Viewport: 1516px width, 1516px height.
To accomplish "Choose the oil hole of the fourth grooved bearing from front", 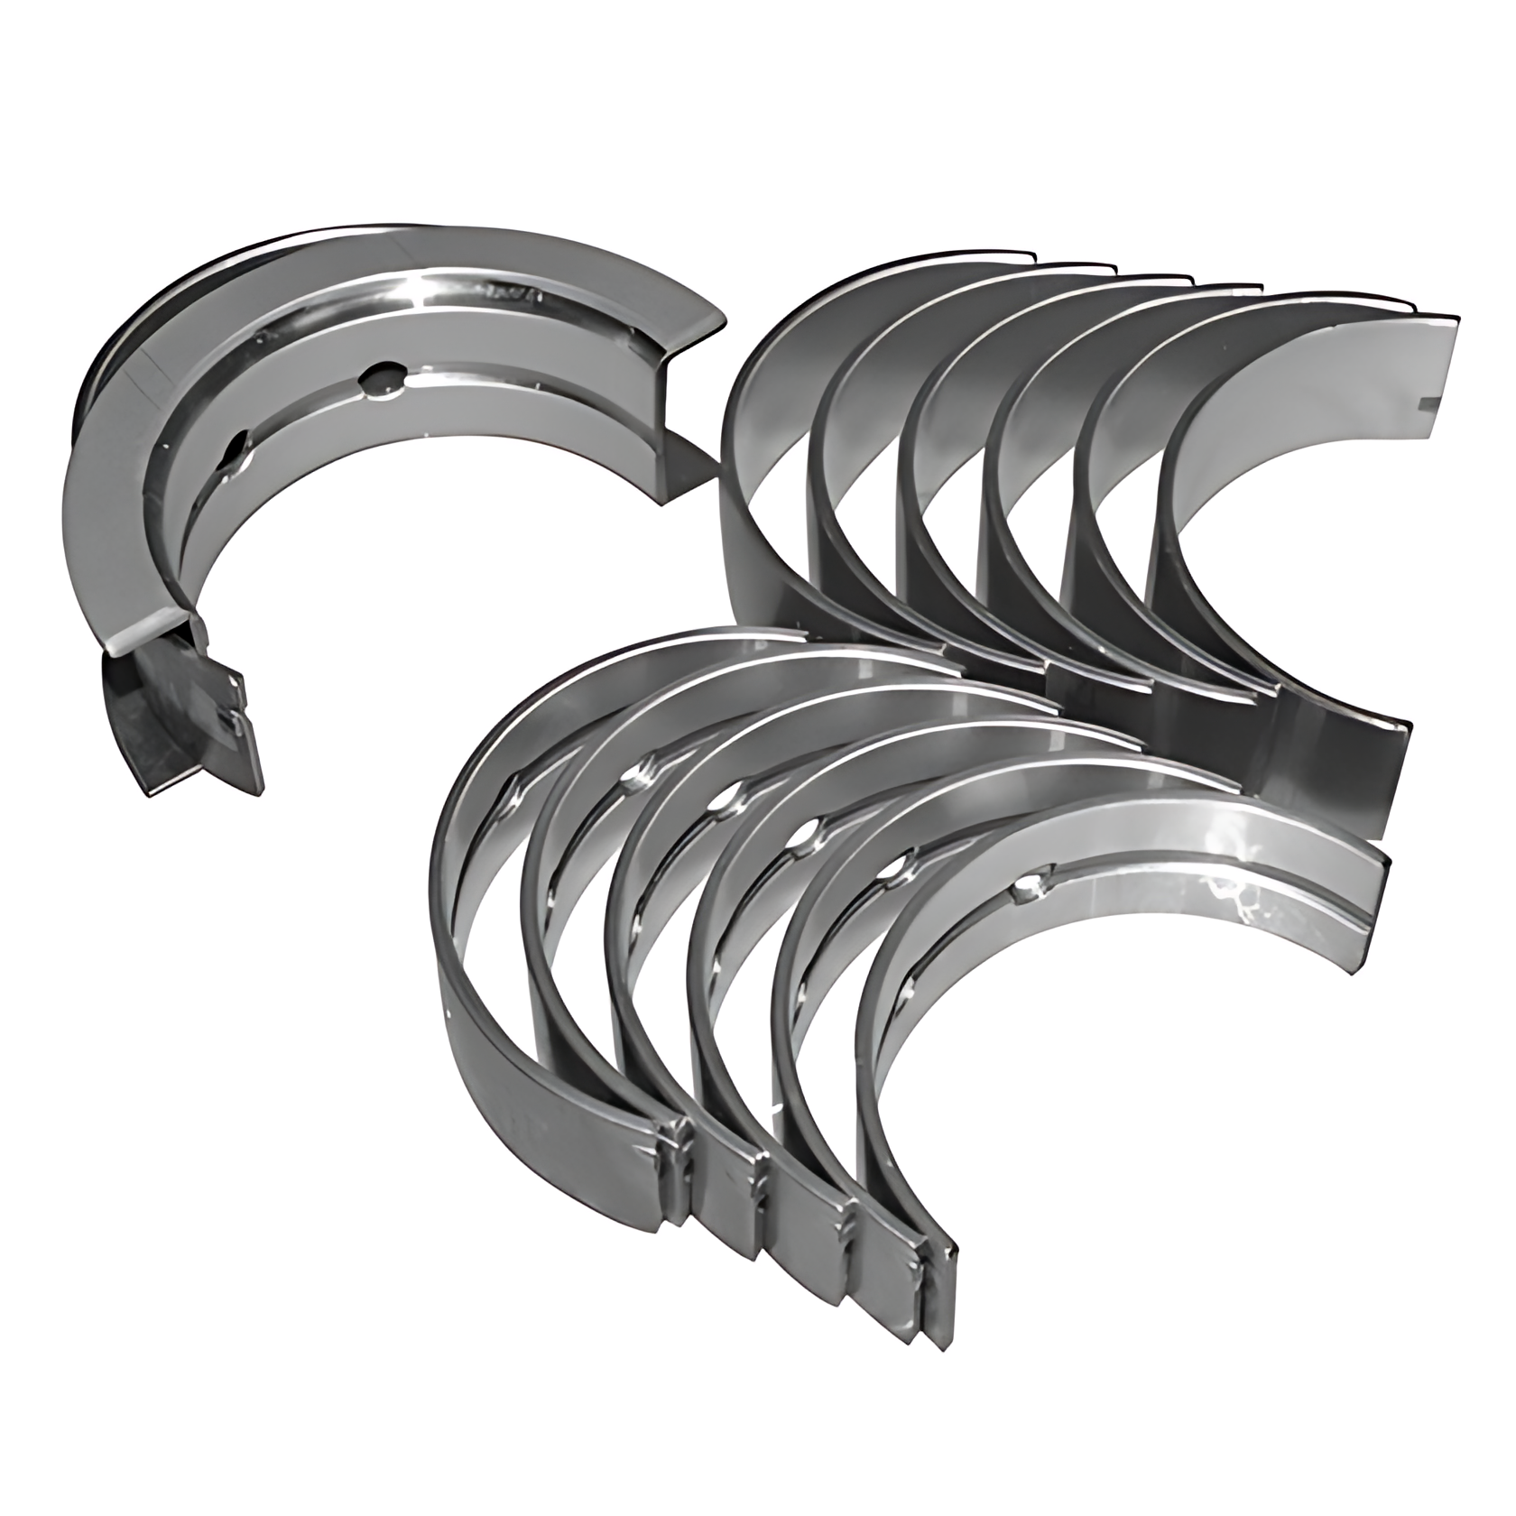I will coord(722,800).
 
